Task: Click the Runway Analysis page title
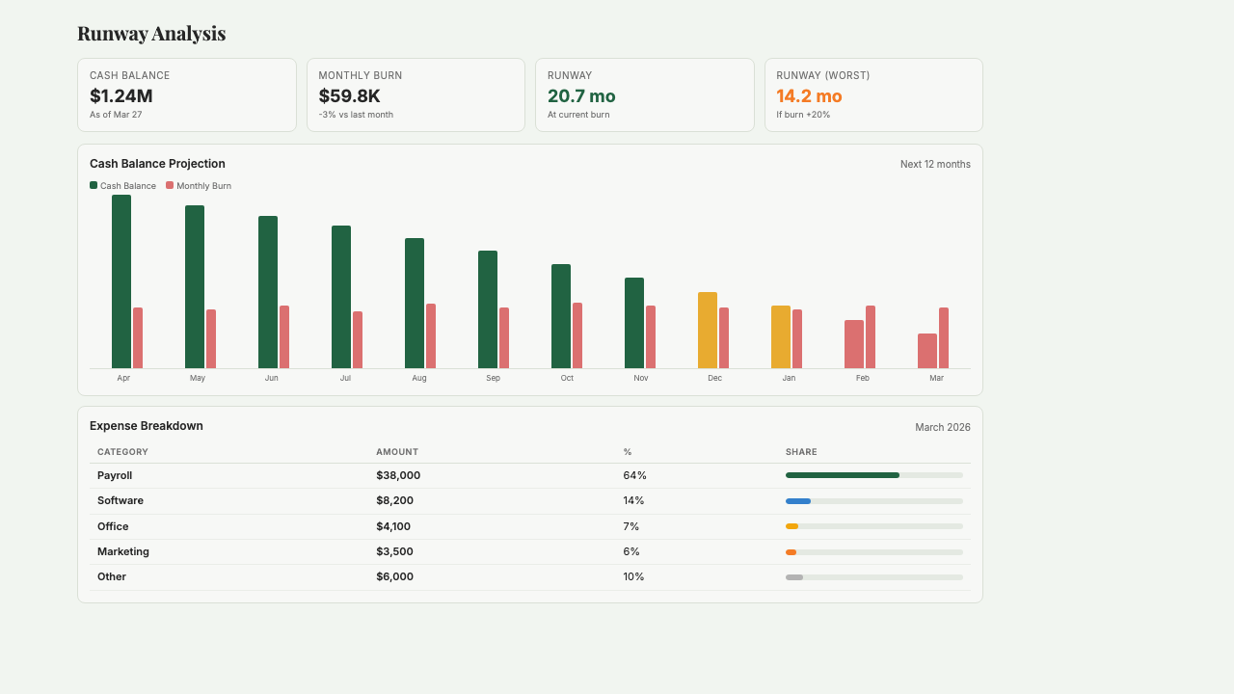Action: [x=151, y=34]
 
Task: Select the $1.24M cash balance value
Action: [x=121, y=95]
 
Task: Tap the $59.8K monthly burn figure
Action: [x=349, y=95]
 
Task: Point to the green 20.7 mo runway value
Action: [x=581, y=95]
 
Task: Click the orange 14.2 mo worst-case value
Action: [x=809, y=95]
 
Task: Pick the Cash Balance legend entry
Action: [x=122, y=186]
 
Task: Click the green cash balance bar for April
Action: [x=121, y=281]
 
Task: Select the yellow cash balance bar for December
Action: [x=708, y=330]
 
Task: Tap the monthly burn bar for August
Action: [x=431, y=335]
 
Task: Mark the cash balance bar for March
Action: [x=927, y=351]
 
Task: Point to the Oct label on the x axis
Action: [x=567, y=378]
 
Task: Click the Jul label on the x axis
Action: [x=345, y=378]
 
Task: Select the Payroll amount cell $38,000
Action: [x=398, y=475]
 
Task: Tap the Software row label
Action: [x=121, y=500]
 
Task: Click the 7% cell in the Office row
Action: [x=632, y=526]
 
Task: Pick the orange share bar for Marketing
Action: [x=791, y=551]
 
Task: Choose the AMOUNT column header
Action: [x=397, y=452]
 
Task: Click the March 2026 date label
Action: [x=942, y=427]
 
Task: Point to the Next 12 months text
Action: [x=935, y=164]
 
